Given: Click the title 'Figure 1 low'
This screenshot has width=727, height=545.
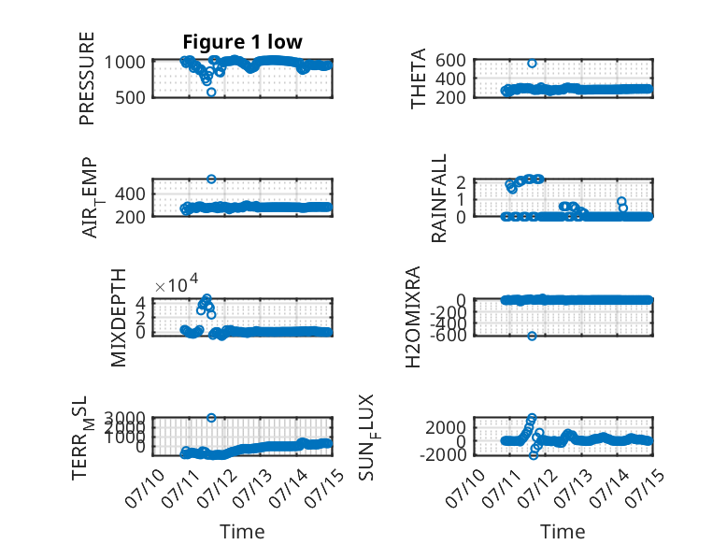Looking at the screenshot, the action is click(x=242, y=42).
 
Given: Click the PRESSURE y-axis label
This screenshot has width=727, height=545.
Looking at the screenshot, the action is click(x=87, y=79).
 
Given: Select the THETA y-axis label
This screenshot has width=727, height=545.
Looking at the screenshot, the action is click(x=419, y=79).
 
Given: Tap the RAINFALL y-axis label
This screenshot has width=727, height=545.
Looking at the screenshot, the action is click(x=438, y=198).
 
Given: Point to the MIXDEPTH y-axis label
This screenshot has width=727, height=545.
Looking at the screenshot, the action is click(x=119, y=318).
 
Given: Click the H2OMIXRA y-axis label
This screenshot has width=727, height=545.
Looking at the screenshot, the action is click(x=413, y=317).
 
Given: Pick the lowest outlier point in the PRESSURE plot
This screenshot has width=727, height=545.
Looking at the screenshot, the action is click(x=211, y=92).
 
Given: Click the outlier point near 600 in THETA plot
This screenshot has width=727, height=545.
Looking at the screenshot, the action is click(x=532, y=63).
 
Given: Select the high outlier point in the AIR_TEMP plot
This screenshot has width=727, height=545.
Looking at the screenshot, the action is click(x=211, y=179).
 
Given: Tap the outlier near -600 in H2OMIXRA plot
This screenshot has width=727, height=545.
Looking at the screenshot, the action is click(x=532, y=336).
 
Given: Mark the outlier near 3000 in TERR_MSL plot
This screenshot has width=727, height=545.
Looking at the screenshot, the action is click(x=211, y=418).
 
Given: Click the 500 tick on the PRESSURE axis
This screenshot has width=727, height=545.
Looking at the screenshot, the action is click(x=130, y=97).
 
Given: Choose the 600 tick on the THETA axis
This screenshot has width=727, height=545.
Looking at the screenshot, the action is click(x=450, y=61).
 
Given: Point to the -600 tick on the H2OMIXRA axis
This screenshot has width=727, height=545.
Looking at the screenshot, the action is click(x=449, y=335).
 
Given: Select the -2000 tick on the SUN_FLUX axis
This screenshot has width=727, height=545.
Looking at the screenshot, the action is click(x=443, y=454).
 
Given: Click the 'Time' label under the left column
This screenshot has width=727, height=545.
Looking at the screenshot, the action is click(x=242, y=532).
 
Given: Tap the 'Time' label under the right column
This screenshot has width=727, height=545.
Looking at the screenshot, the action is click(x=563, y=532).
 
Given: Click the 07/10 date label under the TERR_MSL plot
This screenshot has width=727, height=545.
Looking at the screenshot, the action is click(x=145, y=488).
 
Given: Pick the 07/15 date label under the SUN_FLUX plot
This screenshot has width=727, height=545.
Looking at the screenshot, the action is click(x=645, y=488).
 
